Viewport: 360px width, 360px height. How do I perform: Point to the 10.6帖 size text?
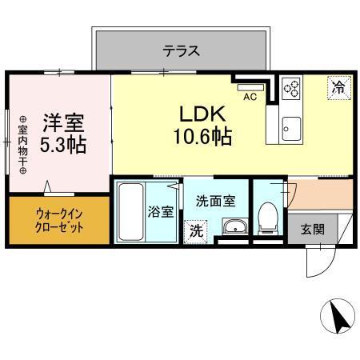[202, 137]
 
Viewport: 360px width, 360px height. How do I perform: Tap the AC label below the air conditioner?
[248, 98]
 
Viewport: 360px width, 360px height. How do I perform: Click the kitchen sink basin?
[290, 126]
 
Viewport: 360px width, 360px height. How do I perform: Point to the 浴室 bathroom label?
[161, 212]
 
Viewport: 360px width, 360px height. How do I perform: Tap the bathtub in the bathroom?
[131, 211]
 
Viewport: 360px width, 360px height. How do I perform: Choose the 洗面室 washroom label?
[214, 202]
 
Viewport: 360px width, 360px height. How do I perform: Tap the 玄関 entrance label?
[313, 230]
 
